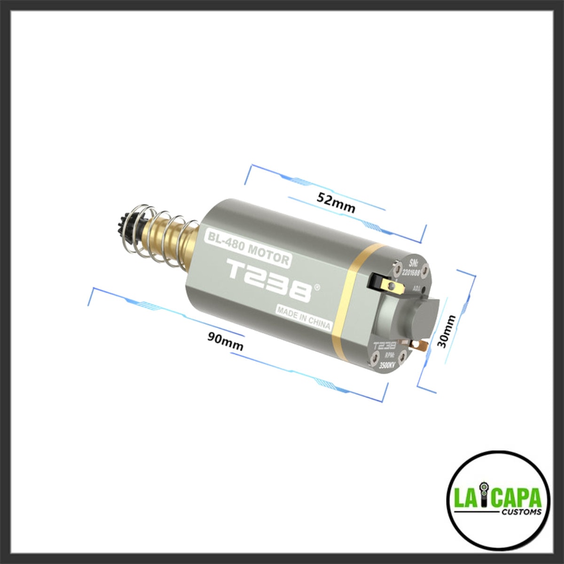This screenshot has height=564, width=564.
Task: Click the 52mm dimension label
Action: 336,203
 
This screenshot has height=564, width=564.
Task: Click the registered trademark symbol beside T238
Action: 318,286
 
